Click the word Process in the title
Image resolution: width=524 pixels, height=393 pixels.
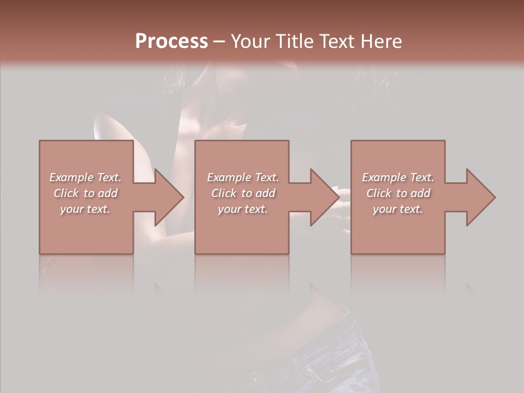(171, 41)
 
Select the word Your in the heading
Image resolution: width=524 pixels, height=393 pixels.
(249, 41)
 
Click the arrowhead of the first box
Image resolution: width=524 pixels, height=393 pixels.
(169, 197)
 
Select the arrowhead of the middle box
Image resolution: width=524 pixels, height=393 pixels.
(325, 197)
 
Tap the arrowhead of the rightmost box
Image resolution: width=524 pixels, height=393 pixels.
(481, 197)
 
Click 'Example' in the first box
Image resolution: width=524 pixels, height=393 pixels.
(72, 177)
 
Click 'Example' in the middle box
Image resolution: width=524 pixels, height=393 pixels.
(229, 177)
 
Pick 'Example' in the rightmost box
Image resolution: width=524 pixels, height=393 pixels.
(384, 177)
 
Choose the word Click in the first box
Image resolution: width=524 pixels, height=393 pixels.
(66, 193)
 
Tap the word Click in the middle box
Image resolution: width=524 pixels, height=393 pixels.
(224, 193)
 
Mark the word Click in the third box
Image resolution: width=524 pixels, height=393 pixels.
(379, 193)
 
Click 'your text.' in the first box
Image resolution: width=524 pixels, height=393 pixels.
(85, 209)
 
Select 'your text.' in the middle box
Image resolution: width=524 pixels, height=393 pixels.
(243, 209)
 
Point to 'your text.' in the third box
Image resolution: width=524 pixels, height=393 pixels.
(398, 209)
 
